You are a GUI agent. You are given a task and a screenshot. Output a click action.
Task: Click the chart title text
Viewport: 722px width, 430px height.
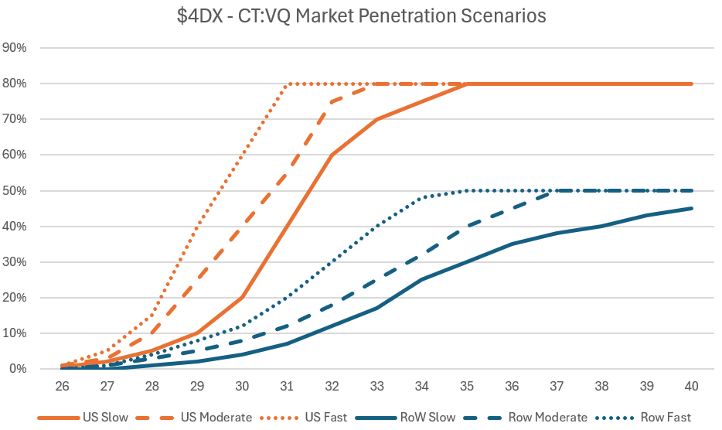[x=361, y=15]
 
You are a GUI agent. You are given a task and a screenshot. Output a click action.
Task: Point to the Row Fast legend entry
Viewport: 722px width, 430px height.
[x=665, y=418]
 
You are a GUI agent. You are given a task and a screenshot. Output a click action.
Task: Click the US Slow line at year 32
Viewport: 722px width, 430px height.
[x=332, y=155]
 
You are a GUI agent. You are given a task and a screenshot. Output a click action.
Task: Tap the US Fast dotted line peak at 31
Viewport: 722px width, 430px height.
[x=287, y=84]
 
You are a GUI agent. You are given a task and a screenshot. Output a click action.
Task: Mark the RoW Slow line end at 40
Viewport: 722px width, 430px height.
[x=691, y=208]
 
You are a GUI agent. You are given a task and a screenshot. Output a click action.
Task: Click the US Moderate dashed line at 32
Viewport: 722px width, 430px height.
[x=332, y=101]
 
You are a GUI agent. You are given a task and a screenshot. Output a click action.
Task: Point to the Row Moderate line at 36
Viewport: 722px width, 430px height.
[x=511, y=208]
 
